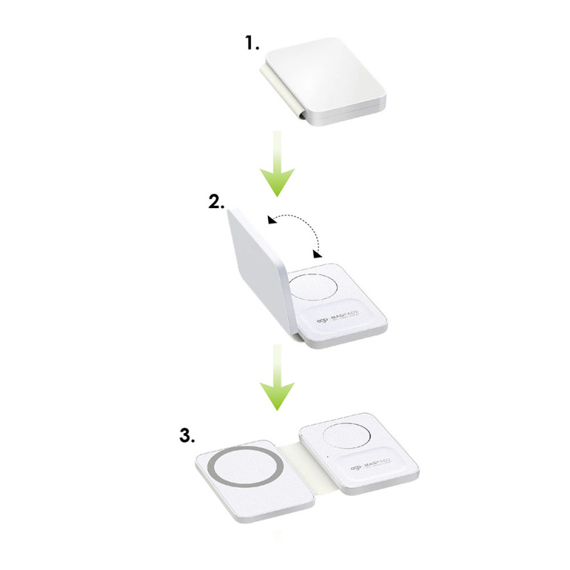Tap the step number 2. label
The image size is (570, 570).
tap(217, 202)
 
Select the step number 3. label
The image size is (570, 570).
tap(187, 435)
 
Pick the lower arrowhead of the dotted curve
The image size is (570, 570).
tap(316, 252)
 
